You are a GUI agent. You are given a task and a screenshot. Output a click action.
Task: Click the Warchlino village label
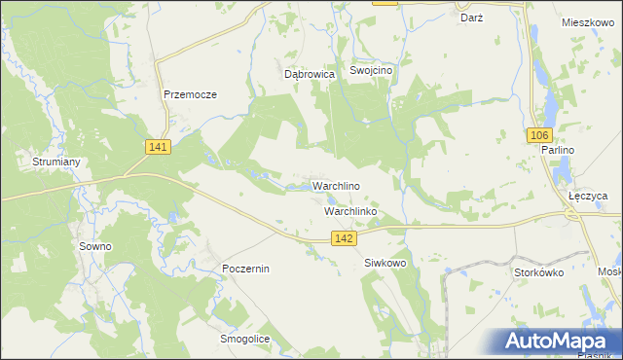337,186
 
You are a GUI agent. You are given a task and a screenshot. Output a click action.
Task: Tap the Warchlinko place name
349,210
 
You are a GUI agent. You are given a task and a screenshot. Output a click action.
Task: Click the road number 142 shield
342,237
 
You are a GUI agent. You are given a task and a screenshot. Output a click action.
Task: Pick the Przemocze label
190,94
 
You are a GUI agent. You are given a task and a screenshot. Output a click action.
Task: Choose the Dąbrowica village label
310,73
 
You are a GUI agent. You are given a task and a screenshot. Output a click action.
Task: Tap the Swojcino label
371,71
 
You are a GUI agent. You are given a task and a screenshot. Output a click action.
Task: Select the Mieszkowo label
590,20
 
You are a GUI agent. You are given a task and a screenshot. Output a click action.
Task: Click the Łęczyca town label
588,196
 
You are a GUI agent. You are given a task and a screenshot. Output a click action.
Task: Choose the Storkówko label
539,272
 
